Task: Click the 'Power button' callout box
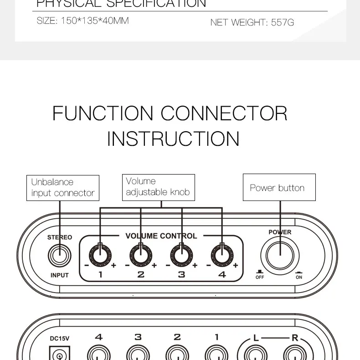pyautogui.click(x=279, y=187)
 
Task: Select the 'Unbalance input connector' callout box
pyautogui.click(x=63, y=188)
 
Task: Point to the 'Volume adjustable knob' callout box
pyautogui.click(x=158, y=187)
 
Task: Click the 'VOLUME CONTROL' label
pyautogui.click(x=161, y=236)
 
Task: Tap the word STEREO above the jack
pyautogui.click(x=60, y=237)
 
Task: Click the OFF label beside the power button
pyautogui.click(x=260, y=277)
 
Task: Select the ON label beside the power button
pyautogui.click(x=299, y=277)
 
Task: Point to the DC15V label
pyautogui.click(x=59, y=338)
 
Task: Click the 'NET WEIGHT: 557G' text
pyautogui.click(x=252, y=22)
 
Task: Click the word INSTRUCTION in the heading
pyautogui.click(x=173, y=139)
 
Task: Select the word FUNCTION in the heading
pyautogui.click(x=103, y=113)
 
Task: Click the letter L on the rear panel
pyautogui.click(x=256, y=338)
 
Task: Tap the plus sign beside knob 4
pyautogui.click(x=236, y=266)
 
